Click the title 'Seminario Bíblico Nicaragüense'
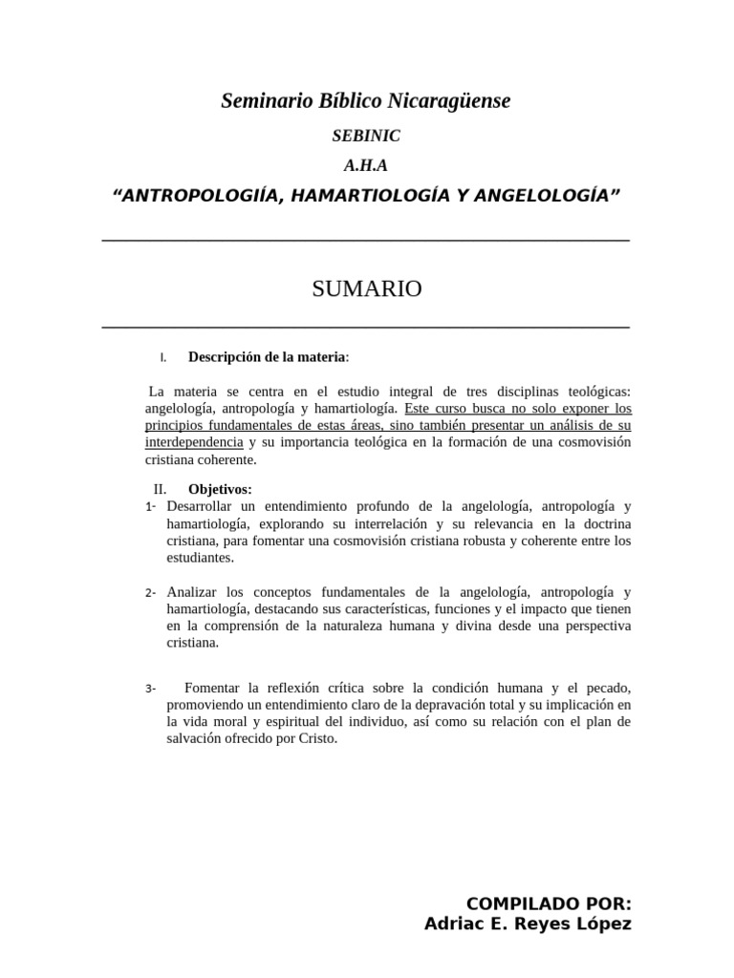366,100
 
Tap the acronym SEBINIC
367,137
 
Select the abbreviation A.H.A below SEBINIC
367,165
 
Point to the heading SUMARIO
367,289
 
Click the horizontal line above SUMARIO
366,240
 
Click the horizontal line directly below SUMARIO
366,328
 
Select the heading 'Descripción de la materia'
268,357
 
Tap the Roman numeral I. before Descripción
163,358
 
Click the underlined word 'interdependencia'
194,442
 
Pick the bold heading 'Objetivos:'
220,489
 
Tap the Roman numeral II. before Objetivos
160,489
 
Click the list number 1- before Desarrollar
151,505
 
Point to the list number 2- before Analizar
151,593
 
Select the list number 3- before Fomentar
151,689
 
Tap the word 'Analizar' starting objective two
194,592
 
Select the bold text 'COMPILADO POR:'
548,904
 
